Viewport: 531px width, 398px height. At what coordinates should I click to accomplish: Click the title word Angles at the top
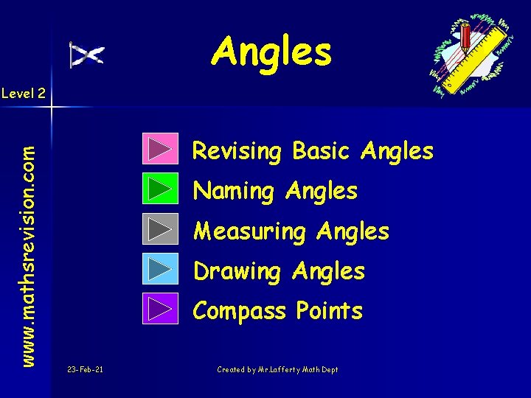click(x=271, y=52)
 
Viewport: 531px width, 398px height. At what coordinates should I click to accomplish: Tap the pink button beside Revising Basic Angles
click(x=159, y=149)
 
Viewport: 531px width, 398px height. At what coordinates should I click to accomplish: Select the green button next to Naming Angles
click(x=159, y=189)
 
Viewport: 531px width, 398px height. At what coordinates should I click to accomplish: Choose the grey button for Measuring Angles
click(x=159, y=229)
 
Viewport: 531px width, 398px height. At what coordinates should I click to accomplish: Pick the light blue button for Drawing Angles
click(x=159, y=269)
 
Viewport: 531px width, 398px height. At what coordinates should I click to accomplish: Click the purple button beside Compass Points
click(x=159, y=309)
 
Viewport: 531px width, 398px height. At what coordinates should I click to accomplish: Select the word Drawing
click(x=236, y=272)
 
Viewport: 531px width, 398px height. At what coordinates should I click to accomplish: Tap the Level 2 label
click(x=24, y=93)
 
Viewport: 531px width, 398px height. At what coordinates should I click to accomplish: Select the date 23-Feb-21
click(x=85, y=369)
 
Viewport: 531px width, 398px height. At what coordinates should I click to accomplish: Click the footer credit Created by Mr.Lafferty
click(x=277, y=369)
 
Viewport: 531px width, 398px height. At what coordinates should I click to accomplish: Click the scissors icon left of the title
click(x=86, y=55)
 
